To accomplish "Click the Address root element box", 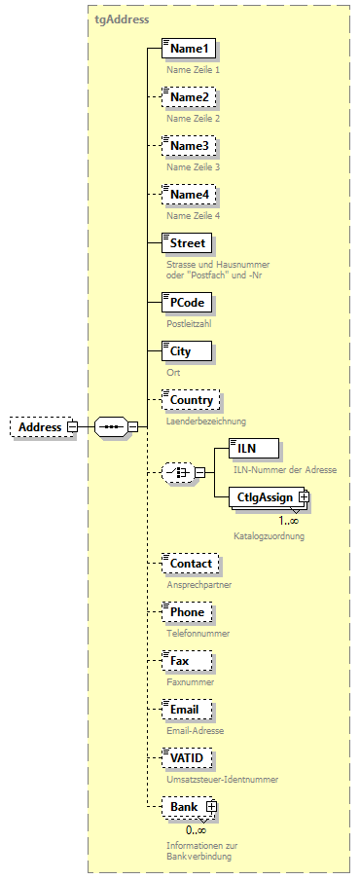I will [x=38, y=426].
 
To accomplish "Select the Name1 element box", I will [x=188, y=49].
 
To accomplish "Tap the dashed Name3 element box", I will [x=188, y=146].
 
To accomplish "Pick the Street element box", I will [x=187, y=242].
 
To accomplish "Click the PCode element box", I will [x=186, y=302].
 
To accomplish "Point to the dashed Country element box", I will [x=191, y=400].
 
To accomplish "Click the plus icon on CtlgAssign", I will [x=304, y=497].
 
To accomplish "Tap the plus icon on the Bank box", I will [x=208, y=807].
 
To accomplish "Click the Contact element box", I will [x=190, y=564].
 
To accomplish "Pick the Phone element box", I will [x=187, y=612].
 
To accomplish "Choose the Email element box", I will [x=185, y=710].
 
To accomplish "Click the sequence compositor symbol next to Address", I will [x=111, y=426].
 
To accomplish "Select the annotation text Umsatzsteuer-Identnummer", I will [x=223, y=780].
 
